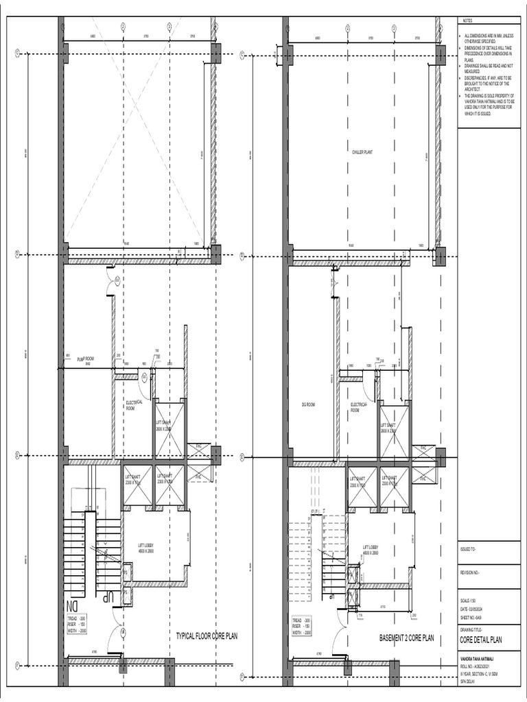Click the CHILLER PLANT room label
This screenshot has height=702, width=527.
(362, 152)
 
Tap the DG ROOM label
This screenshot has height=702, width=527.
(307, 404)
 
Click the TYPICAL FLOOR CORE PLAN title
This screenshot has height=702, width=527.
(207, 636)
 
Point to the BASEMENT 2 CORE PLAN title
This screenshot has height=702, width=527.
(407, 638)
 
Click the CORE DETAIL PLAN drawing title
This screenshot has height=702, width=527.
(481, 640)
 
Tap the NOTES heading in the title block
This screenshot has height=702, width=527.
(469, 21)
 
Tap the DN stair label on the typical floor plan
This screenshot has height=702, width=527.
(71, 606)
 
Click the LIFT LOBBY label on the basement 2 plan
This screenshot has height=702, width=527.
(373, 548)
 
